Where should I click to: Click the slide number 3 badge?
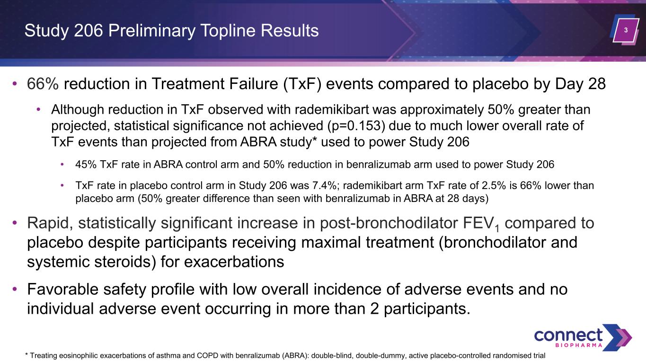point(626,30)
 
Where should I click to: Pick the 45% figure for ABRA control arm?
point(86,164)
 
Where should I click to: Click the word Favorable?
point(62,289)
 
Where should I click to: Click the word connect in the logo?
point(568,336)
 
